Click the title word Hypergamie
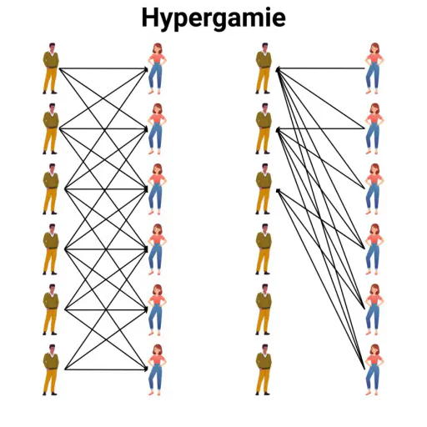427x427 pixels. pos(213,18)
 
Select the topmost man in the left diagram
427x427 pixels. pos(51,68)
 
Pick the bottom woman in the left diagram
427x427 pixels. pos(157,369)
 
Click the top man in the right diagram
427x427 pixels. pos(264,68)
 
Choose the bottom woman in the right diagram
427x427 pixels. pos(374,369)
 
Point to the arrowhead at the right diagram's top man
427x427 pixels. pos(278,69)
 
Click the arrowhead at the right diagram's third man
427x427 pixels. pos(278,190)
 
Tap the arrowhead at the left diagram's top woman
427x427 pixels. pos(146,68)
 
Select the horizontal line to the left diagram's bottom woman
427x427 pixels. pos(106,369)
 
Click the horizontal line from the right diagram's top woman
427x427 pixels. pos(321,68)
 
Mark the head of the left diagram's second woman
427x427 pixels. pos(158,109)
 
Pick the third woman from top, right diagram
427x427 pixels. pos(374,189)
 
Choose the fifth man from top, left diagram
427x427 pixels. pos(51,309)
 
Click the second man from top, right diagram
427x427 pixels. pos(264,128)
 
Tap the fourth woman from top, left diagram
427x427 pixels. pos(157,249)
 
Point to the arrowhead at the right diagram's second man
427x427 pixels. pos(278,130)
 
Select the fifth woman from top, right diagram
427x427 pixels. pos(374,309)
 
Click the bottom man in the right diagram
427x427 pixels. pos(264,369)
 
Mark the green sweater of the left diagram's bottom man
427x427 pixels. pos(51,361)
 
